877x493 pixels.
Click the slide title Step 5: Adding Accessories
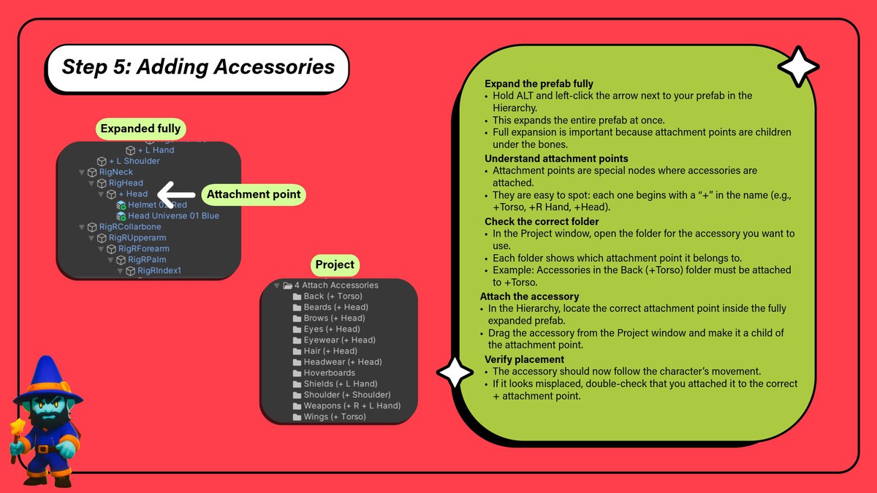pyautogui.click(x=198, y=68)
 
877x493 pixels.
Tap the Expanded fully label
pyautogui.click(x=140, y=129)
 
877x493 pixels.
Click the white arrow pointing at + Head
pyautogui.click(x=175, y=194)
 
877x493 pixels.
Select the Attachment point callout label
pyautogui.click(x=254, y=195)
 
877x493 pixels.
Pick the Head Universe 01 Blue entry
pyautogui.click(x=173, y=216)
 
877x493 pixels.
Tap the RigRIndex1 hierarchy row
pyautogui.click(x=159, y=271)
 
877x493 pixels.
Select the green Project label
pyautogui.click(x=335, y=264)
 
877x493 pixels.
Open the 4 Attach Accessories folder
pyautogui.click(x=336, y=286)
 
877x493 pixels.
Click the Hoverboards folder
pyautogui.click(x=329, y=373)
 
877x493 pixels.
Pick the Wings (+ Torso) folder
pyautogui.click(x=335, y=417)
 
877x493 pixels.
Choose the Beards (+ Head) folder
pyautogui.click(x=334, y=307)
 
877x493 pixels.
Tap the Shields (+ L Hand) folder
pyautogui.click(x=340, y=384)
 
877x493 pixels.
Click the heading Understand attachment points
pyautogui.click(x=556, y=158)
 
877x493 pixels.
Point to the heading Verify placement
pyautogui.click(x=524, y=359)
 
